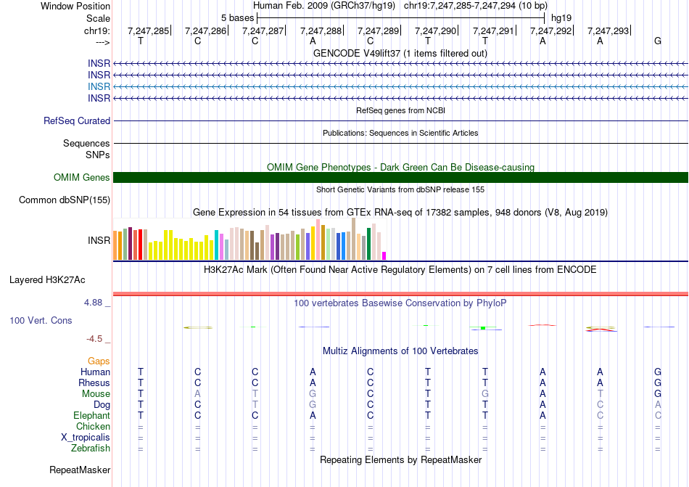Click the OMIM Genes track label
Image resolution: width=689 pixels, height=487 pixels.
[81, 178]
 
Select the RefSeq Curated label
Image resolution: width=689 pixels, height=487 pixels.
[77, 121]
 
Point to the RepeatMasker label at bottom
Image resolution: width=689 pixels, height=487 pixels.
[79, 470]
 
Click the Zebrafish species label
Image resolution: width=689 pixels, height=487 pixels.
[90, 449]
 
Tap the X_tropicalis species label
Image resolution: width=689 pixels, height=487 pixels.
[86, 438]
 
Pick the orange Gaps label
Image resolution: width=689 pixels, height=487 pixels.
[99, 361]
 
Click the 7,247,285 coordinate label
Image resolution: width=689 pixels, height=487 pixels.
[148, 31]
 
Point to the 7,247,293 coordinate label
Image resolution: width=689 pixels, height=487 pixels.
[608, 31]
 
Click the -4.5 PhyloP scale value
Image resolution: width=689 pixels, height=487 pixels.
[98, 339]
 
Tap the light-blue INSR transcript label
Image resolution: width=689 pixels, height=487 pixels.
[99, 86]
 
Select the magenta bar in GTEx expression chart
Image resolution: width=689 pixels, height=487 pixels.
[384, 255]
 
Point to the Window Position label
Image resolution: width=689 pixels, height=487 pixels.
[75, 7]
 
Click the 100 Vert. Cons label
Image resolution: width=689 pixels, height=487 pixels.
[41, 320]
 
